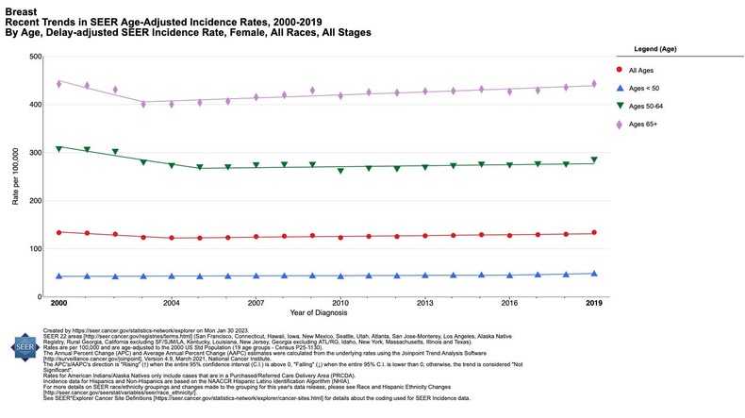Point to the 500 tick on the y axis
click(34, 57)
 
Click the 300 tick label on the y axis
click(34, 153)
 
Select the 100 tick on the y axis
click(34, 249)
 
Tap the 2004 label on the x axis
click(171, 304)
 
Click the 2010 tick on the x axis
click(340, 304)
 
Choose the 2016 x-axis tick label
click(509, 304)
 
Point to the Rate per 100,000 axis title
click(13, 176)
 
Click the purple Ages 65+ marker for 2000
click(58, 84)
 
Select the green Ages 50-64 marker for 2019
click(593, 160)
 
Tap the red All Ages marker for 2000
click(58, 232)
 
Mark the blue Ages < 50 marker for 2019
click(593, 274)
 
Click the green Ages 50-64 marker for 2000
click(58, 148)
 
